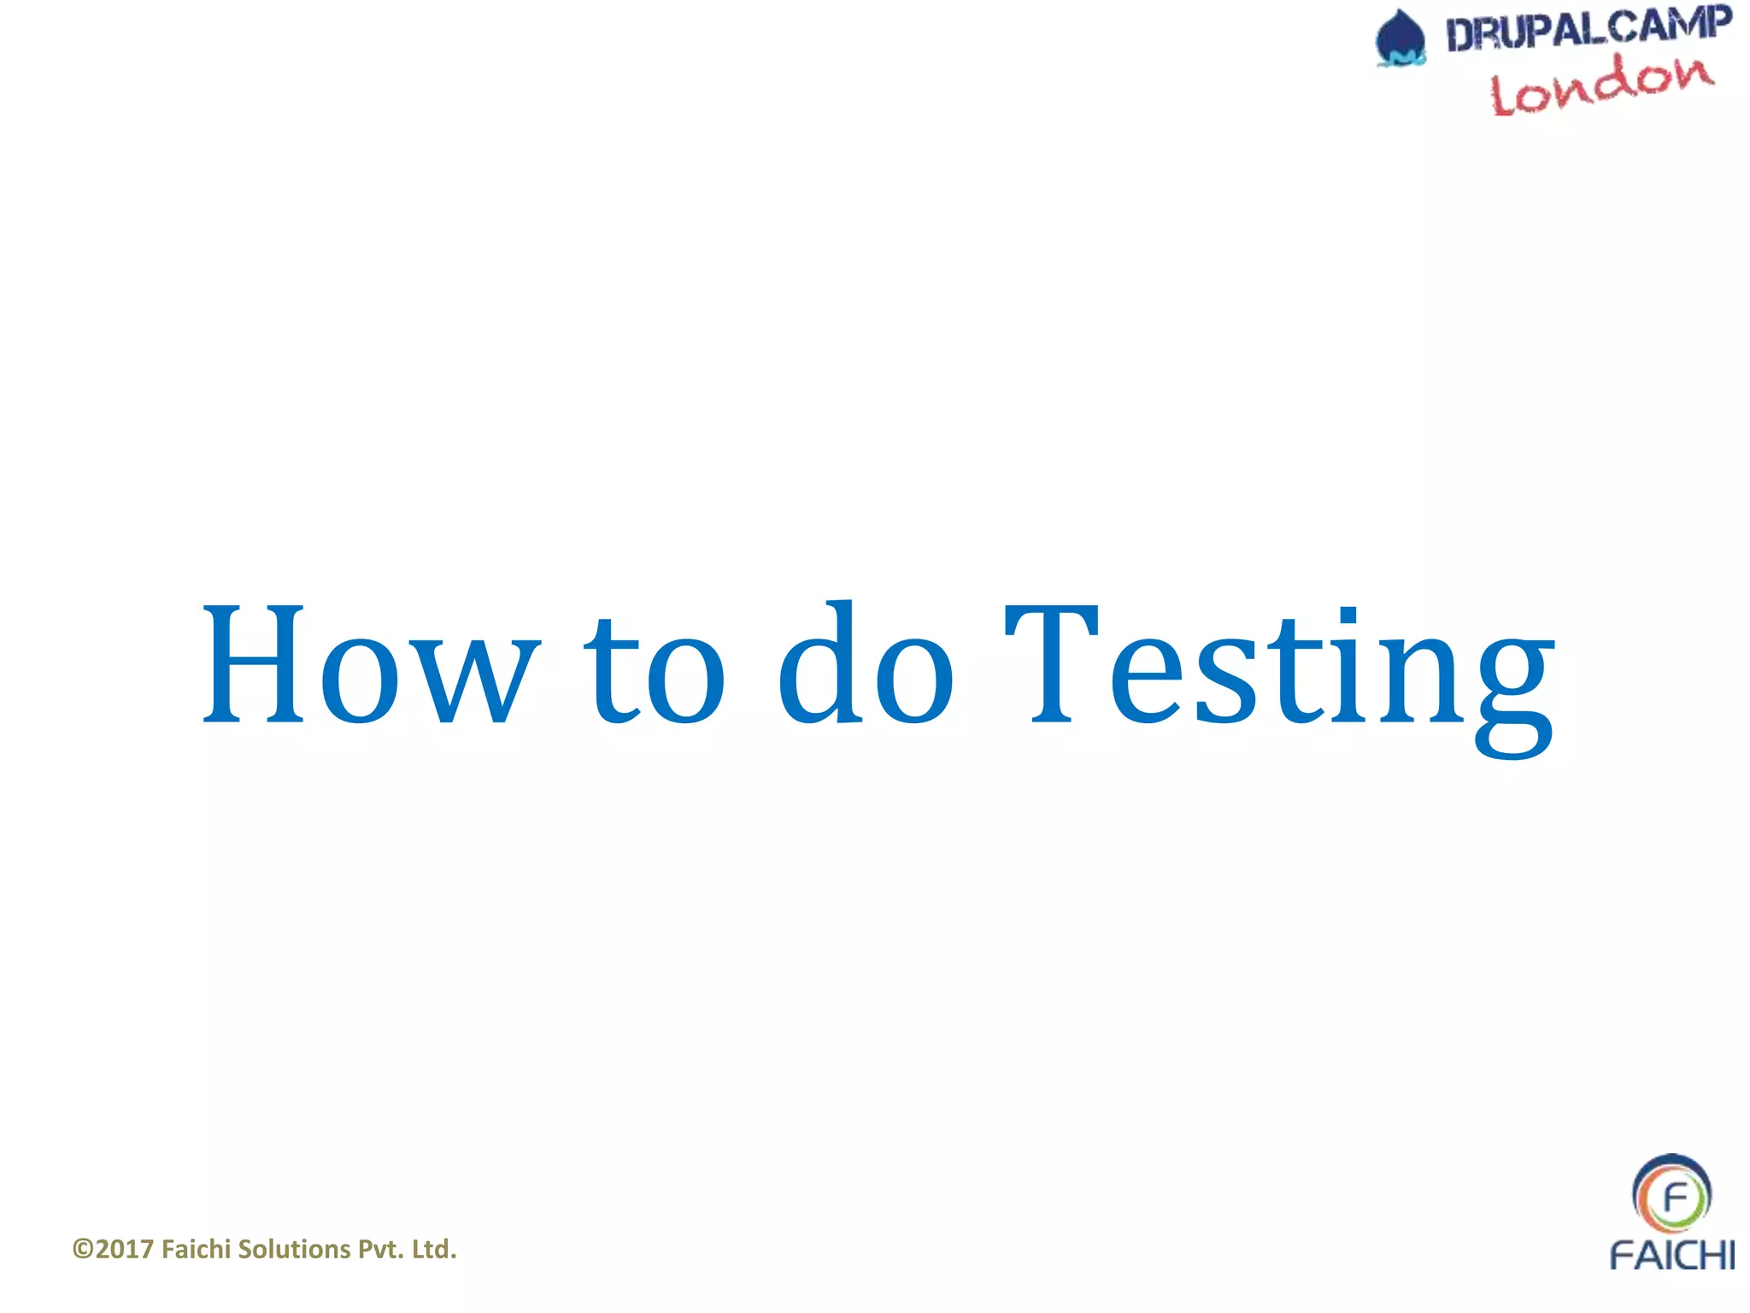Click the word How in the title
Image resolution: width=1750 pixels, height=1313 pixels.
[x=369, y=664]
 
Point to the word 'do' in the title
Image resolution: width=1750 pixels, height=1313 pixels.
[x=865, y=662]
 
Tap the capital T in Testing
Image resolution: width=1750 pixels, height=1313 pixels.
[x=1051, y=664]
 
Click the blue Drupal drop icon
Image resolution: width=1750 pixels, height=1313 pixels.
[x=1401, y=38]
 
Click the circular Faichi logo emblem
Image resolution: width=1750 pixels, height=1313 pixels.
[x=1671, y=1194]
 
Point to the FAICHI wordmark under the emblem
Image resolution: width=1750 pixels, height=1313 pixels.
[x=1671, y=1255]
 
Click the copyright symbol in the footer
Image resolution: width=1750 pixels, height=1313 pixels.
[x=83, y=1249]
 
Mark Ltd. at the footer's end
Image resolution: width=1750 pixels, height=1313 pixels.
[x=434, y=1249]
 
